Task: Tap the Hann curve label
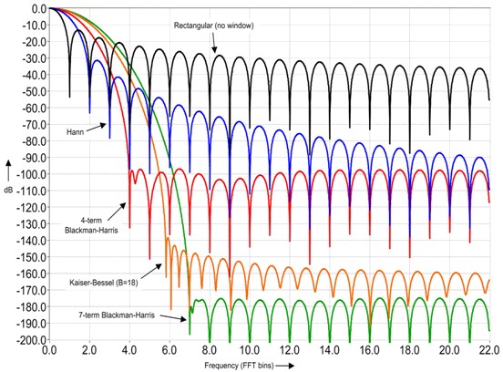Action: (77, 132)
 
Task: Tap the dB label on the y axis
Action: (8, 191)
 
